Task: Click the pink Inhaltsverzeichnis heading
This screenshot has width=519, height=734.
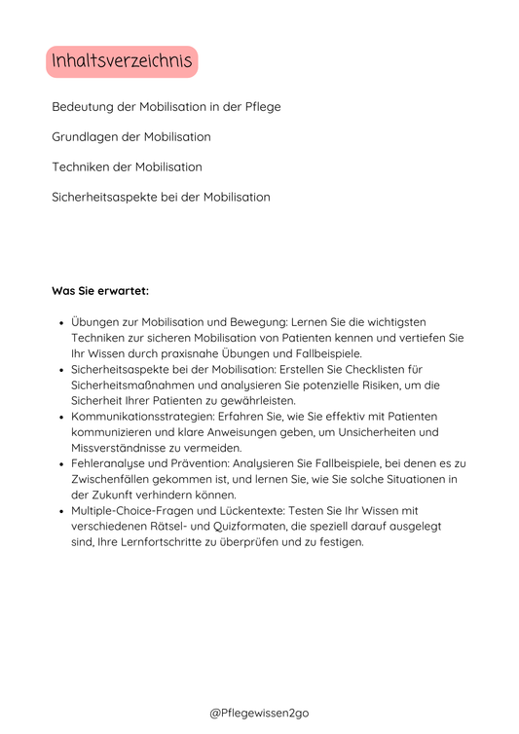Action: coord(122,62)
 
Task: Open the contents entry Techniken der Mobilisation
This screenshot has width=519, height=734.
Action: coord(127,166)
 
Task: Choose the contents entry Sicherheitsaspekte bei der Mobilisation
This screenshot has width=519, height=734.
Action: coord(161,197)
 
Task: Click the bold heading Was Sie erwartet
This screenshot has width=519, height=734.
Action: coord(100,290)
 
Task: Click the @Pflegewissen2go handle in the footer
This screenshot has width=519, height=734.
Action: coord(259,714)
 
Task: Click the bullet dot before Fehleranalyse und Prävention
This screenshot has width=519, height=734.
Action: coord(61,463)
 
